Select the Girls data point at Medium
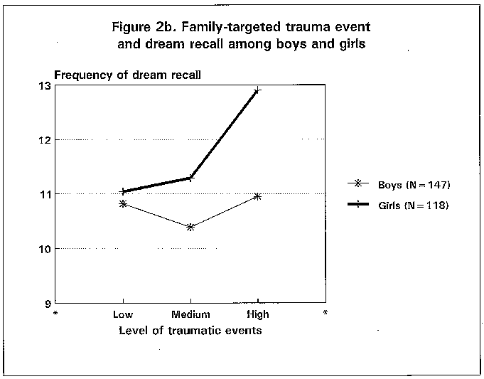pyautogui.click(x=190, y=178)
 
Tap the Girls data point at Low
pyautogui.click(x=124, y=191)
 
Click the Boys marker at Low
pyautogui.click(x=124, y=204)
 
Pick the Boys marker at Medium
pyautogui.click(x=190, y=227)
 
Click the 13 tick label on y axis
pyautogui.click(x=45, y=86)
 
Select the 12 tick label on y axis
pyautogui.click(x=45, y=140)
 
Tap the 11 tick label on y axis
pyautogui.click(x=45, y=194)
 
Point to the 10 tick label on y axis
pyautogui.click(x=45, y=249)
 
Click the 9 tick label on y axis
pyautogui.click(x=48, y=303)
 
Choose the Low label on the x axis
pyautogui.click(x=124, y=314)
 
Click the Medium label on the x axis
pyautogui.click(x=190, y=314)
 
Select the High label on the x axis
pyautogui.click(x=257, y=314)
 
